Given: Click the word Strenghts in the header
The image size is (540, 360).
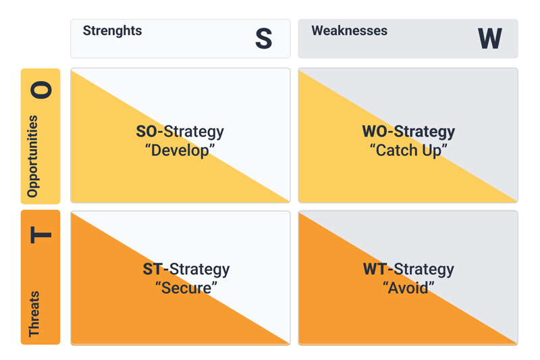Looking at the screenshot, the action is point(112,31).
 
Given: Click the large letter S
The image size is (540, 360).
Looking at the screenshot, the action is point(264,38).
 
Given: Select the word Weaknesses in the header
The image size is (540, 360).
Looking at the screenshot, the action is point(349,30).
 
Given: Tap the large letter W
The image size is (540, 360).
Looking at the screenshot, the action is point(490,38).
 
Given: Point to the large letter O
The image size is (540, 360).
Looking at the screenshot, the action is point(41,90).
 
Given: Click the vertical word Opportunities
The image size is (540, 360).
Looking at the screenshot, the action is point(32,157).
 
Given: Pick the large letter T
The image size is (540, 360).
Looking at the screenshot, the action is point(41,235).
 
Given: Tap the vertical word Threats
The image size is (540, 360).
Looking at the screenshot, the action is point(34,314).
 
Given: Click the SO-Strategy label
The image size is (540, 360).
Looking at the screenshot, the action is point(180,132).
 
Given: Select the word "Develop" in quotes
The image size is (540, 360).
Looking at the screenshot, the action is point(180,151).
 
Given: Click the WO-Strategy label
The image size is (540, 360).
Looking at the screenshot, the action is point(408,132).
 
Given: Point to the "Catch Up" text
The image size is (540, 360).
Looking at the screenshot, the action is point(408,151).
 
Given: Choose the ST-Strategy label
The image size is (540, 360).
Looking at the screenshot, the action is point(186,269).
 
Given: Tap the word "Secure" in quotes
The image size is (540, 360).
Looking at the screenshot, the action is point(186,288).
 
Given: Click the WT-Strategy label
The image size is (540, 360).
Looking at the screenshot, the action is point(408,269).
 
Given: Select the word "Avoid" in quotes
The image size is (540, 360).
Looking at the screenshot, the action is point(408,288).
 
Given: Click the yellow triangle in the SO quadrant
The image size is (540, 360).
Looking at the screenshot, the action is point(144,158).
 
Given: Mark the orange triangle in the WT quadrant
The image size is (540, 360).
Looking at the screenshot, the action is point(371,300).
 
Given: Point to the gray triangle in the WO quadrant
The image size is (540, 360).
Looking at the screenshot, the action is point(445,113).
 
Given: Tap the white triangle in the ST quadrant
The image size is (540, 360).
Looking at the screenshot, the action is point(217,255).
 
